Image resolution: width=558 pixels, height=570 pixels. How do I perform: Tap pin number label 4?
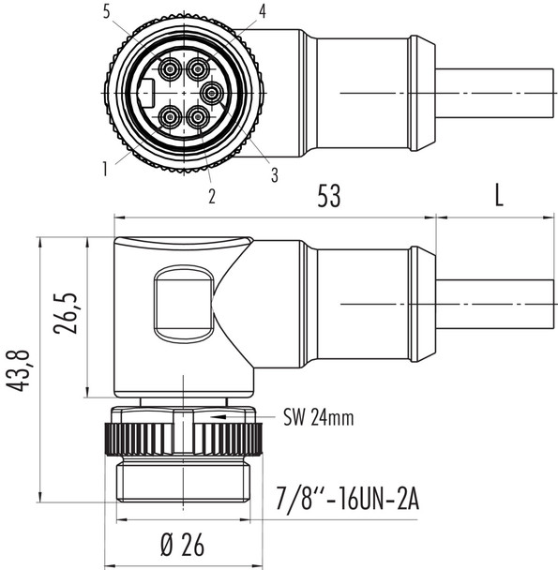[264, 12]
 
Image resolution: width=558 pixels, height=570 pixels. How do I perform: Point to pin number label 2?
[212, 196]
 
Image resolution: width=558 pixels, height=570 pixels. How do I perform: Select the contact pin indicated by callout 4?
[198, 68]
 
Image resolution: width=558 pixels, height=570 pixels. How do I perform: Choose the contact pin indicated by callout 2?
[198, 117]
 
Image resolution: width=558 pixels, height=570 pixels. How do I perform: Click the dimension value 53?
[328, 196]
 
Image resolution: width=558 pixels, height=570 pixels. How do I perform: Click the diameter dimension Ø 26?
[183, 545]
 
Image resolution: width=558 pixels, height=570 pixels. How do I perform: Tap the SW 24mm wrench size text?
[318, 418]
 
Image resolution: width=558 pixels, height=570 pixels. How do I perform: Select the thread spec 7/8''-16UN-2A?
[349, 498]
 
